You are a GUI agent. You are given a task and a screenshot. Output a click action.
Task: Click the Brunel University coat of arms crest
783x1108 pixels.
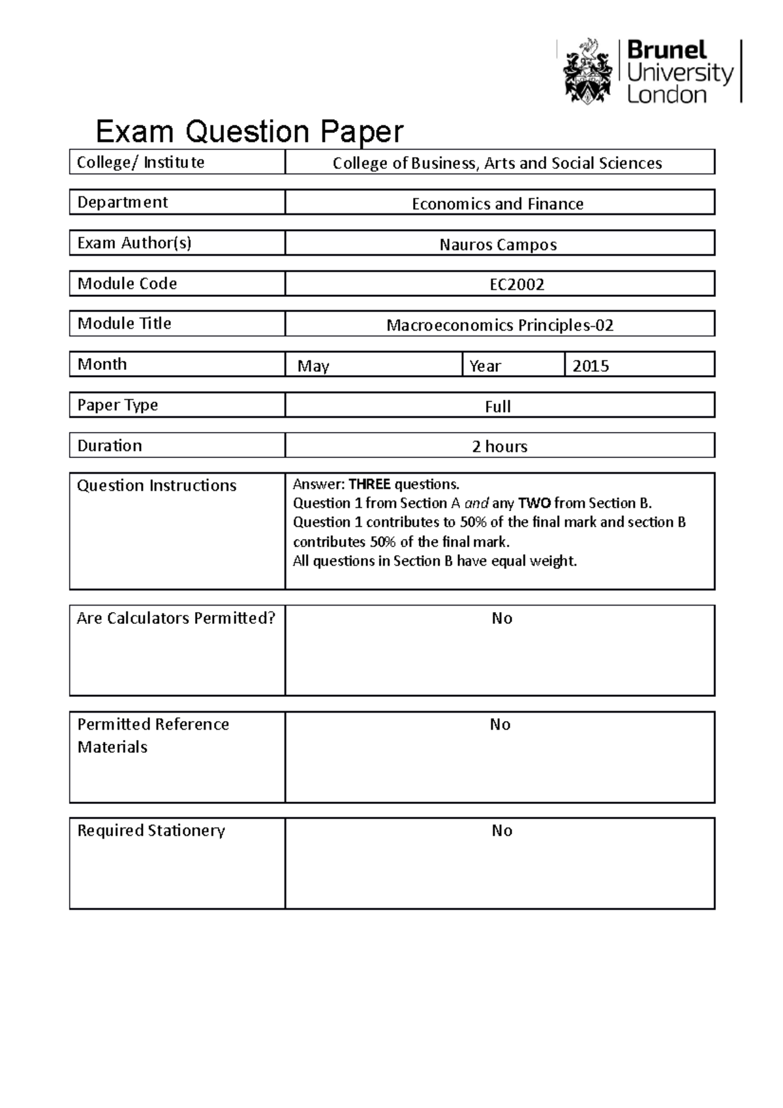[x=587, y=71]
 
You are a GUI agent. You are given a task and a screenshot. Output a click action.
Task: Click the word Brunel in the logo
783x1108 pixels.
[x=666, y=50]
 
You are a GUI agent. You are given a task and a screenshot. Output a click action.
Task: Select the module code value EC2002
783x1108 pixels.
[x=517, y=285]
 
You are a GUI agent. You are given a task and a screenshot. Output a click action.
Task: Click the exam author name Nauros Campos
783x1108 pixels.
[x=498, y=245]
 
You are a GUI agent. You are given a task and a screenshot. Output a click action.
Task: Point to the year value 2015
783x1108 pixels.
[x=591, y=366]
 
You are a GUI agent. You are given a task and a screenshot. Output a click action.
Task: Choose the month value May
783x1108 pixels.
[x=313, y=366]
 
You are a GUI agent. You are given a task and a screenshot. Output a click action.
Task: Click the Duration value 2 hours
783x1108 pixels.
[x=500, y=446]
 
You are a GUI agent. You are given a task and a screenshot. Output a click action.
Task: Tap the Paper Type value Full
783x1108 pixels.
[x=498, y=407]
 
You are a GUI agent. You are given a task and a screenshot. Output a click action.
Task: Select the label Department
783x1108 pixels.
[x=123, y=202]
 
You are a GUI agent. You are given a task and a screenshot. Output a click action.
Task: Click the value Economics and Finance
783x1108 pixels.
[x=498, y=204]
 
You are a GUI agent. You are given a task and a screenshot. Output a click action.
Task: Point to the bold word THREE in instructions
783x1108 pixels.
[x=369, y=484]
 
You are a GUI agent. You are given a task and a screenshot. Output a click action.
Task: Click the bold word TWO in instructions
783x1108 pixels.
[x=534, y=503]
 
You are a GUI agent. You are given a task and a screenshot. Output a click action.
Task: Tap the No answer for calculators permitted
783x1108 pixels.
[x=502, y=618]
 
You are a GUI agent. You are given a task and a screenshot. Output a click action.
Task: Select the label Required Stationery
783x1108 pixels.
[x=151, y=831]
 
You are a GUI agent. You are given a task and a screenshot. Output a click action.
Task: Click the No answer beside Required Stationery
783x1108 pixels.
[x=502, y=831]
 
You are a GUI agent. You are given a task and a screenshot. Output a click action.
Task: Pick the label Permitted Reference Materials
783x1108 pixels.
[x=153, y=735]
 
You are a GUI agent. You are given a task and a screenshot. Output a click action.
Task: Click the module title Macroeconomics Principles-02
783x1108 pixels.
[x=500, y=325]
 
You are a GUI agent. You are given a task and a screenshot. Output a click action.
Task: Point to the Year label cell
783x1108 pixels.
[x=485, y=366]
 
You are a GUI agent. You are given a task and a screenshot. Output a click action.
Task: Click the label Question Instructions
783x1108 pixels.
[x=157, y=485]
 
